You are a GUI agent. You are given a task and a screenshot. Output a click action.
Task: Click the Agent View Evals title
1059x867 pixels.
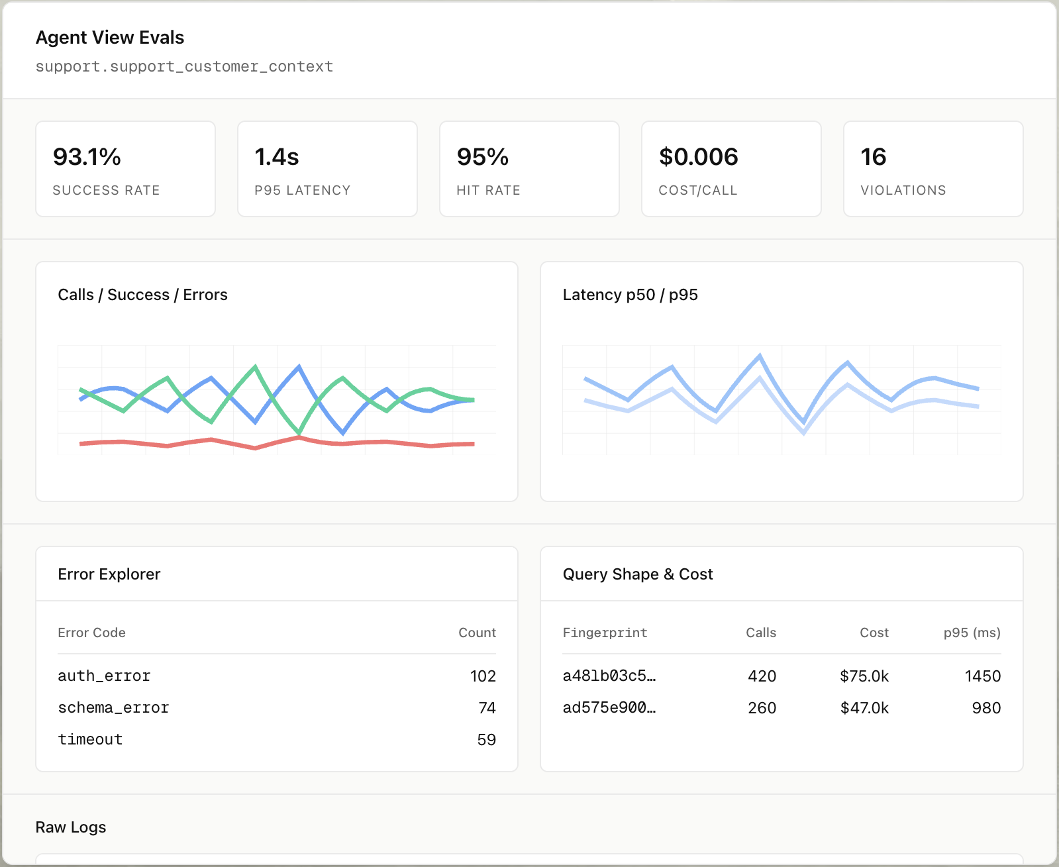pyautogui.click(x=110, y=38)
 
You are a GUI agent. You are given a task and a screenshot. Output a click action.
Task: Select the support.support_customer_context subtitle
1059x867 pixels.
pyautogui.click(x=184, y=67)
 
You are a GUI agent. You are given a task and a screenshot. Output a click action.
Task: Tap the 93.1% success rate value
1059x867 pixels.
pyautogui.click(x=87, y=157)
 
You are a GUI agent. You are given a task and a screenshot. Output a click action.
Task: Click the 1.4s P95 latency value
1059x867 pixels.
pyautogui.click(x=277, y=157)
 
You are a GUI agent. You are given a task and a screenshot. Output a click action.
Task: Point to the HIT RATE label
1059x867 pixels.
pyautogui.click(x=488, y=191)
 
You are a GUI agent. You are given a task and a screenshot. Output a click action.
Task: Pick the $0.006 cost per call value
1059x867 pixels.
pyautogui.click(x=698, y=157)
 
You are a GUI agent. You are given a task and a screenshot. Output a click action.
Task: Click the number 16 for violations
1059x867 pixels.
pyautogui.click(x=873, y=157)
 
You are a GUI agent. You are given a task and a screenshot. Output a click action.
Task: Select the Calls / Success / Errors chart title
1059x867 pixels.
pyautogui.click(x=142, y=295)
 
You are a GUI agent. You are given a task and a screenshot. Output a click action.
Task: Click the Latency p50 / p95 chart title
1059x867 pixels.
pyautogui.click(x=630, y=295)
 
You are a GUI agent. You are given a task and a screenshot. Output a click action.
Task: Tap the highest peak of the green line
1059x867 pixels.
pyautogui.click(x=256, y=366)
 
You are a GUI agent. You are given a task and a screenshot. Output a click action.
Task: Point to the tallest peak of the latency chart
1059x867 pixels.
pyautogui.click(x=760, y=356)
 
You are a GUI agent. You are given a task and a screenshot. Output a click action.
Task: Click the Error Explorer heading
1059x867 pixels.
pyautogui.click(x=109, y=574)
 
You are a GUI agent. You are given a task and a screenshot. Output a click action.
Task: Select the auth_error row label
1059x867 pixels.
pyautogui.click(x=104, y=676)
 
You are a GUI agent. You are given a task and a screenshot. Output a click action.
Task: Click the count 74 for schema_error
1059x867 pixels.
pyautogui.click(x=487, y=708)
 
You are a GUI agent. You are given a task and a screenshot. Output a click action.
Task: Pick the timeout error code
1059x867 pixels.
pyautogui.click(x=90, y=740)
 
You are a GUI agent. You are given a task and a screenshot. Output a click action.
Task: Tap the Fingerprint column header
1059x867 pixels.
pyautogui.click(x=605, y=633)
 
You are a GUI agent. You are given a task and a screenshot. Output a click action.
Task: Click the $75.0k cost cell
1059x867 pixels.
pyautogui.click(x=864, y=676)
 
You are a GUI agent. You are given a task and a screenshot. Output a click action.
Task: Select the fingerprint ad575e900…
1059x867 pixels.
pyautogui.click(x=609, y=708)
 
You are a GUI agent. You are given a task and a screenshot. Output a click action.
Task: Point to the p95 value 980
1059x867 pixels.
pyautogui.click(x=985, y=708)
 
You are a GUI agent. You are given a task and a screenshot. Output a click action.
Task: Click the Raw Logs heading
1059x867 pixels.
pyautogui.click(x=71, y=827)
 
